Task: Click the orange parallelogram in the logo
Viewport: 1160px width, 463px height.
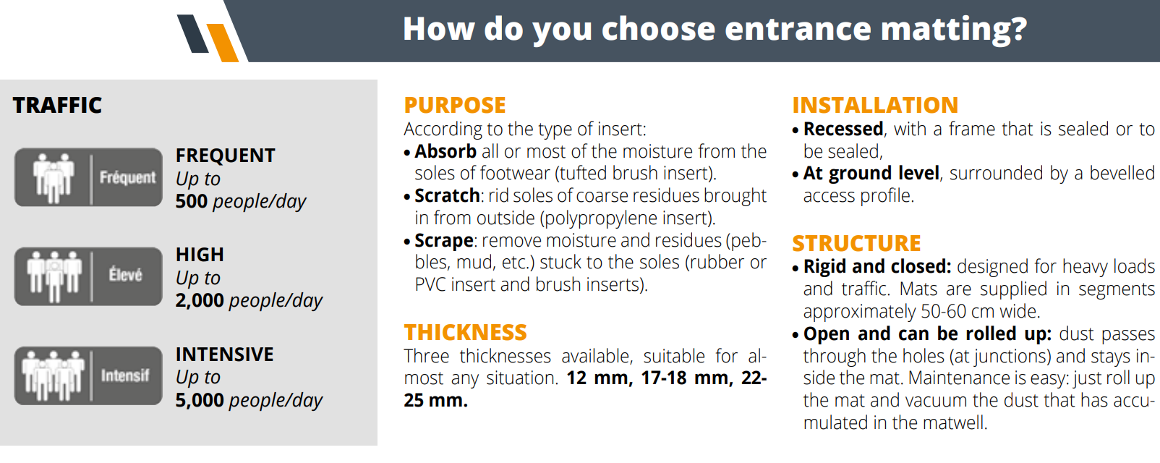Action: [x=223, y=43]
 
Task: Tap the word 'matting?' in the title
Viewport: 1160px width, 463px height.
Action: [x=953, y=30]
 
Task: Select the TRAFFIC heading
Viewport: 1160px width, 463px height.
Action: [x=57, y=105]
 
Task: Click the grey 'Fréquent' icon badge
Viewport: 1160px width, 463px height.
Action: [x=88, y=177]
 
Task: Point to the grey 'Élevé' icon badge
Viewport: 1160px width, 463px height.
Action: [x=88, y=276]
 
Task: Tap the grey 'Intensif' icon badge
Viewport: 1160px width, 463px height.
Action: [x=88, y=375]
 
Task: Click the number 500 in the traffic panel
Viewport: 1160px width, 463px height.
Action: [x=192, y=201]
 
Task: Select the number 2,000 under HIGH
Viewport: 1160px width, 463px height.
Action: [x=200, y=300]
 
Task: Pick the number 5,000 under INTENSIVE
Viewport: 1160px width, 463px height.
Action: [x=200, y=400]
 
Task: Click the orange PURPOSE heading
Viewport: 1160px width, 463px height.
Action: [x=455, y=105]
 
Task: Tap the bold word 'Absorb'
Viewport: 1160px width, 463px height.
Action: [x=445, y=151]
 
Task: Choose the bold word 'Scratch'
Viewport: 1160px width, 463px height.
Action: [x=447, y=196]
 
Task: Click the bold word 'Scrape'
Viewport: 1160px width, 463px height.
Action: [x=444, y=241]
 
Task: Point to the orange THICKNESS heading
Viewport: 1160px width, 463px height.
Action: [x=466, y=333]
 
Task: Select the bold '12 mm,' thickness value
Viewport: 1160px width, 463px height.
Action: [x=600, y=378]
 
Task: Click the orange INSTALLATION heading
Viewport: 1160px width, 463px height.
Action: [x=875, y=105]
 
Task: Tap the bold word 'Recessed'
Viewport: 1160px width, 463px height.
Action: [x=843, y=129]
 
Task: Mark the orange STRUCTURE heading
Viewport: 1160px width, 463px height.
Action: [x=856, y=243]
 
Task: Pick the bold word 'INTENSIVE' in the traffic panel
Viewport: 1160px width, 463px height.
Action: [x=225, y=354]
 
